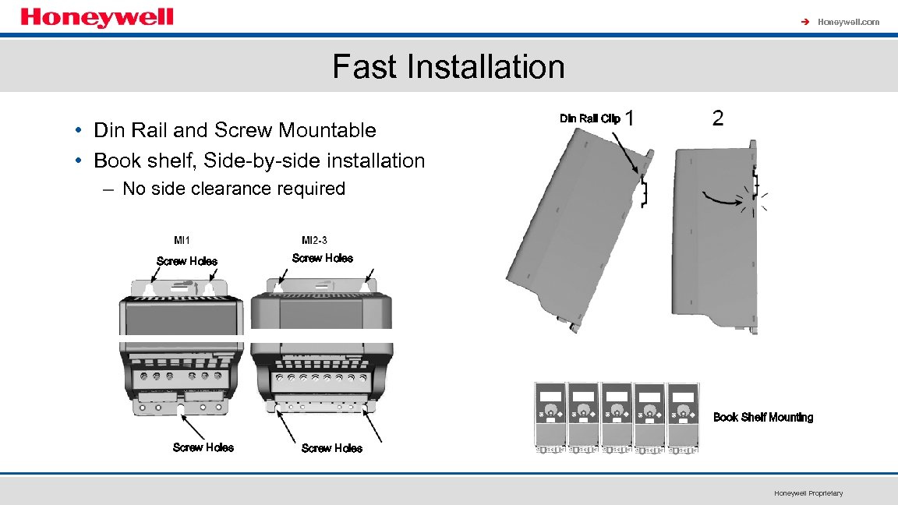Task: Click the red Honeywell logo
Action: pos(97,17)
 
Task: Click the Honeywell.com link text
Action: pos(848,22)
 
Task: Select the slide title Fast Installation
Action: pos(448,66)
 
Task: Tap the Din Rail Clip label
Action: pos(590,118)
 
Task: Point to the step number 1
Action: pos(630,118)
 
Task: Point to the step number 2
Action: pos(718,118)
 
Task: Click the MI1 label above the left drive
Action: pos(182,239)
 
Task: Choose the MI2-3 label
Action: pos(314,239)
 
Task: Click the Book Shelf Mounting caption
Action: pos(763,418)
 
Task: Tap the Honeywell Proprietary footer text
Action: pos(808,493)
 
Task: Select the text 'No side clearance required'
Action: pos(234,189)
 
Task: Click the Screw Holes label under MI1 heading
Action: pos(187,261)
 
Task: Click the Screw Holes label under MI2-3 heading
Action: pos(322,258)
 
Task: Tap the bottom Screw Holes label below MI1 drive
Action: pos(203,447)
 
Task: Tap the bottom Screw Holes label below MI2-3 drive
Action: pos(331,448)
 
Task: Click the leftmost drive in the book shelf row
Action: pos(550,417)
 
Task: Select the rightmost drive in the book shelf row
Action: pos(683,417)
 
